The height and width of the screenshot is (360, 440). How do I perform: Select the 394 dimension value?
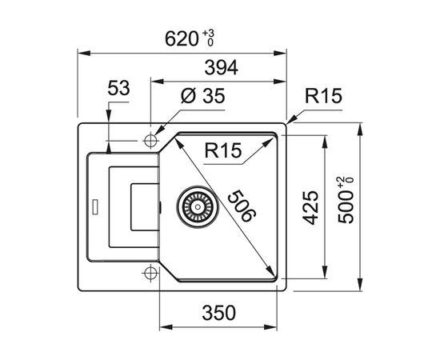(x=221, y=68)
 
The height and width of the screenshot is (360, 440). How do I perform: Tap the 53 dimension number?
(x=118, y=88)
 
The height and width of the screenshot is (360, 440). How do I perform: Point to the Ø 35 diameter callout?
(x=203, y=96)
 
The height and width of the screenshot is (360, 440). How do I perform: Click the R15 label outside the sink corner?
(x=323, y=96)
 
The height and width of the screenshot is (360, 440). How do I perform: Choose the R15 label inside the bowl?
(x=223, y=150)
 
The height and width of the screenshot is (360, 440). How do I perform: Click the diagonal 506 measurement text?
(x=242, y=206)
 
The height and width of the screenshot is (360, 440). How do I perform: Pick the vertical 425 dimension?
(x=311, y=208)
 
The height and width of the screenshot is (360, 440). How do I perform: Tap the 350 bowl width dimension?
(x=219, y=313)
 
